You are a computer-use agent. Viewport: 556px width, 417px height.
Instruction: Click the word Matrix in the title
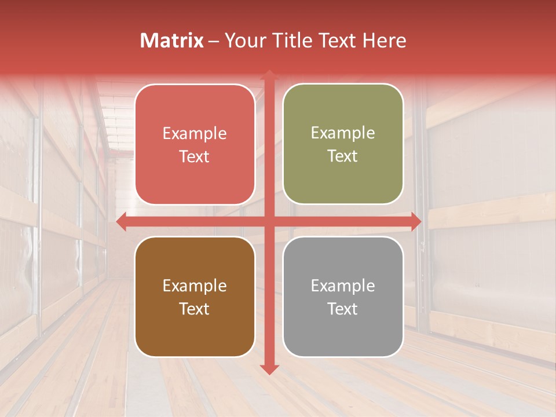pos(172,41)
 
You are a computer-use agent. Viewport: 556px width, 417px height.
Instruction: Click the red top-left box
pos(195,144)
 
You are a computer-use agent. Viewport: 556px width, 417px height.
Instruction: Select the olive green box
pos(343,144)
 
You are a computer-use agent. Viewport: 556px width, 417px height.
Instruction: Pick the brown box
pos(195,297)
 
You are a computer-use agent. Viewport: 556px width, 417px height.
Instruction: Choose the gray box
pos(343,297)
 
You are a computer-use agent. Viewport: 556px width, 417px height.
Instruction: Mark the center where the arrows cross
pos(269,221)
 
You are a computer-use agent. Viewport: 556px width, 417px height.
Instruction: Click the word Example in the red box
pos(195,134)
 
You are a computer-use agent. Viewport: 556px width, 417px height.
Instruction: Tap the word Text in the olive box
pos(343,156)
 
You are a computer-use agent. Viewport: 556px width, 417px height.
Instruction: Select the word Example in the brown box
pos(195,286)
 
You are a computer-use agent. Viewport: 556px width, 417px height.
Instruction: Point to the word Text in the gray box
pos(343,309)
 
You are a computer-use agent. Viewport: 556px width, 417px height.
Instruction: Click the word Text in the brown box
pos(195,309)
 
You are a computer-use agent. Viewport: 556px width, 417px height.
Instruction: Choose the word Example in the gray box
pos(343,286)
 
